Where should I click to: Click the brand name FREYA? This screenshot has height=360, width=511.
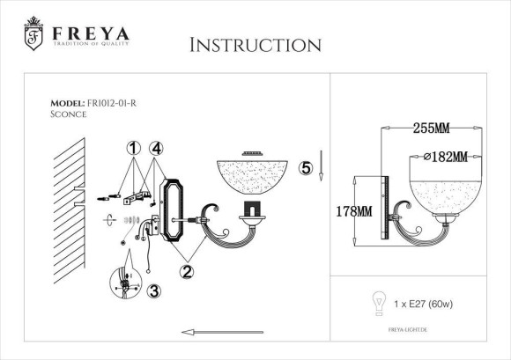(91, 33)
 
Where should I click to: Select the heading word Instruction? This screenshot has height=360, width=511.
(255, 45)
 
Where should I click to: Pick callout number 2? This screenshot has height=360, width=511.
(187, 272)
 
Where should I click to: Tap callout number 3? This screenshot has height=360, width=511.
(154, 290)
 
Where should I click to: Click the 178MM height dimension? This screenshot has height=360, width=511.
(353, 211)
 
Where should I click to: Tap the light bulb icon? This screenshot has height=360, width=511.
(381, 302)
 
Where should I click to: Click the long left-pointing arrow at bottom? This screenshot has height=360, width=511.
(220, 332)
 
